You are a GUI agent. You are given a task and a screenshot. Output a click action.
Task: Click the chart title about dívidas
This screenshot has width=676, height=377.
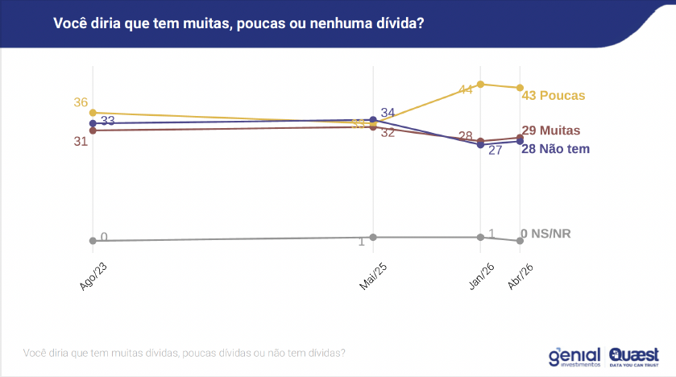[x=238, y=24]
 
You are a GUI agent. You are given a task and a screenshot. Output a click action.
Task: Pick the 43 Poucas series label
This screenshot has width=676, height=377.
[x=554, y=95]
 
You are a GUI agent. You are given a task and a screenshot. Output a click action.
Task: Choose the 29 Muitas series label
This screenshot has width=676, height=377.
[x=550, y=130]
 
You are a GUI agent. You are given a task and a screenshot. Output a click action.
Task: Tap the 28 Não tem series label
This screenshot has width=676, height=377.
[x=556, y=148]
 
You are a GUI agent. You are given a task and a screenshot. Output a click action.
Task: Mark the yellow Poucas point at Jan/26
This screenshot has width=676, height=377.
[x=480, y=84]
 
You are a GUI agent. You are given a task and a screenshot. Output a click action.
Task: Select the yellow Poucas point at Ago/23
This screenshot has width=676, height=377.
[x=93, y=113]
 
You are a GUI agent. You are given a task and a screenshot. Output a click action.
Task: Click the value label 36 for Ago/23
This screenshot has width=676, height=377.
[x=81, y=102]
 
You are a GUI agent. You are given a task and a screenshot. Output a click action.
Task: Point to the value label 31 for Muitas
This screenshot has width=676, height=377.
[x=81, y=141]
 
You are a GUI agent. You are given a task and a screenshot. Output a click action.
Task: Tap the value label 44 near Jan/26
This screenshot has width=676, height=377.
[x=466, y=89]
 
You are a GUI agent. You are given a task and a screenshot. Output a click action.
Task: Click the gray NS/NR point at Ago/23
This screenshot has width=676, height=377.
[x=93, y=240]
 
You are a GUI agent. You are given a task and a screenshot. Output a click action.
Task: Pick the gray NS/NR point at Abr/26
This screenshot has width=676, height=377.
[x=520, y=241]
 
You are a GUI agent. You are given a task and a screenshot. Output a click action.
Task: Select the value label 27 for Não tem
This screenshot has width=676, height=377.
[x=496, y=151]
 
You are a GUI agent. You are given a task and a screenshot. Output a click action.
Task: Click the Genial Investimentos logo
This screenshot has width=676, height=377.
[x=574, y=356]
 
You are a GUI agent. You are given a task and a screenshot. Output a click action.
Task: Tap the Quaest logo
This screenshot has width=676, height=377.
[x=634, y=356]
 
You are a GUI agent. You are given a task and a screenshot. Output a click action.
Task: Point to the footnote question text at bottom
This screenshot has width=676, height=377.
[x=185, y=353]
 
